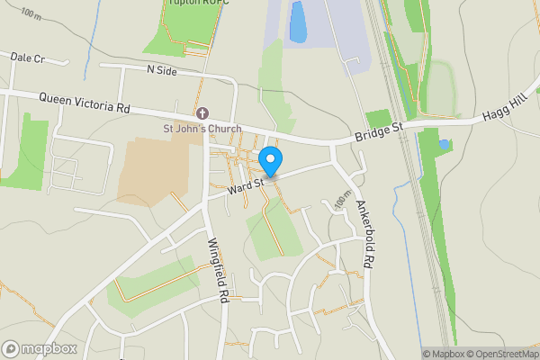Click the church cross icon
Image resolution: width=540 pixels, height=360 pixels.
202,113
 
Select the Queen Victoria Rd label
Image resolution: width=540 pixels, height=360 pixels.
85,102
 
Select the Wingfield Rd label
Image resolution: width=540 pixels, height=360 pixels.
216,267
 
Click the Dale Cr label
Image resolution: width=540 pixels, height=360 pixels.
27,57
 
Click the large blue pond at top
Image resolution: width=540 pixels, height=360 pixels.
298,22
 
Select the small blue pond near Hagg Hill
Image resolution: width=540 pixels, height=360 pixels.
444,144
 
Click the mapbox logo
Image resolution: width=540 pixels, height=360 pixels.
39,349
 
